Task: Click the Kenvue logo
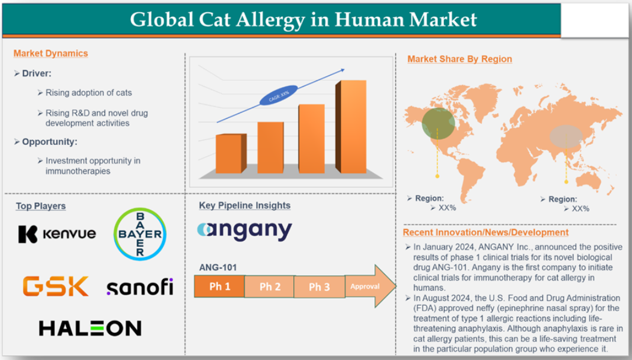[57, 234]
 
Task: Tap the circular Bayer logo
[140, 234]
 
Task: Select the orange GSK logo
[56, 286]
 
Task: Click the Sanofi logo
[140, 287]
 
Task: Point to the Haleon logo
[90, 328]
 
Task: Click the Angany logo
[245, 231]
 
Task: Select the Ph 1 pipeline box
[219, 286]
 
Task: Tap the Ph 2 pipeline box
[269, 287]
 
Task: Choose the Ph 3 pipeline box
[319, 287]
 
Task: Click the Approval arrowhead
[370, 286]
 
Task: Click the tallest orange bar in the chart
[351, 127]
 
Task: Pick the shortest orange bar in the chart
[231, 154]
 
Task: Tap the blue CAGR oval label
[279, 95]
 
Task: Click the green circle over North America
[439, 123]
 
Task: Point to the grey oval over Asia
[566, 136]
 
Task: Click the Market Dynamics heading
[51, 53]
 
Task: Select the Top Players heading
[41, 206]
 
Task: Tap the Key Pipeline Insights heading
[245, 205]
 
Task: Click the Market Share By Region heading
[460, 59]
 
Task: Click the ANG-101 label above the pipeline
[217, 267]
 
